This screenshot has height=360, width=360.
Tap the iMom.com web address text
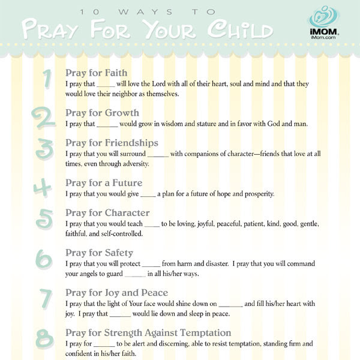[x=325, y=38]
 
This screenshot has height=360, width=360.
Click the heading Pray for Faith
[x=96, y=73]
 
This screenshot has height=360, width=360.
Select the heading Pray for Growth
[x=102, y=112]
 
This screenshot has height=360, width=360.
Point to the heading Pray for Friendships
[x=112, y=143]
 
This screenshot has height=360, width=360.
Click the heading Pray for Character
[x=107, y=212]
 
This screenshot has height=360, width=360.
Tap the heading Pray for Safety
[x=99, y=253]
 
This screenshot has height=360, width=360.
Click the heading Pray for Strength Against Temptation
[x=148, y=332]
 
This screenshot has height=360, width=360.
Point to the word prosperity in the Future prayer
[x=256, y=194]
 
